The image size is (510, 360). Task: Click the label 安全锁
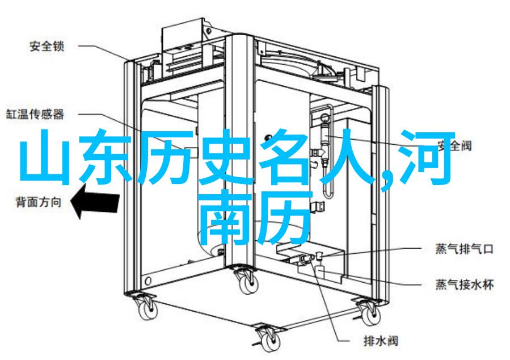pos(47,46)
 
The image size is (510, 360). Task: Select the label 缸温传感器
pos(35,114)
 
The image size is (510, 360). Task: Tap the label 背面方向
pos(39,202)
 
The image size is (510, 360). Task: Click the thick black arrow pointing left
pos(95,202)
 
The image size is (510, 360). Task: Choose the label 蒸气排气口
pos(465,249)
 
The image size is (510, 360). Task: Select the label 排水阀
pos(381,341)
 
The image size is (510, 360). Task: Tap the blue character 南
pos(225,217)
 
